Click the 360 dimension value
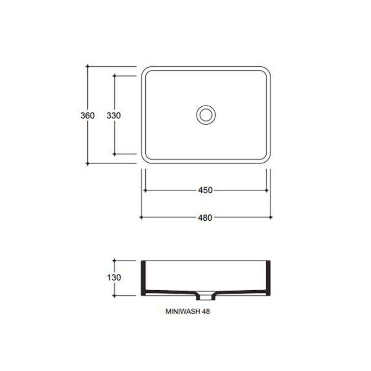87,115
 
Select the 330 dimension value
114,115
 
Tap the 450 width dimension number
205,190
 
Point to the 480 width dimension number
205,217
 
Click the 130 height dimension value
114,278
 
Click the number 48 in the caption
206,312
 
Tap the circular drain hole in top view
205,114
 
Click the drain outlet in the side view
205,294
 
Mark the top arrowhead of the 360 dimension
87,67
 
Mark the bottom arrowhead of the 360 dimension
87,163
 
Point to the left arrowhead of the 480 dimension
141,217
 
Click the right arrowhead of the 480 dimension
270,217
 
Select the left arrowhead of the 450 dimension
145,190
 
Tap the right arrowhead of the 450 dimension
267,190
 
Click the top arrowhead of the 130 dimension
114,261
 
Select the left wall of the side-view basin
143,277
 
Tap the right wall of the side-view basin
268,277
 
